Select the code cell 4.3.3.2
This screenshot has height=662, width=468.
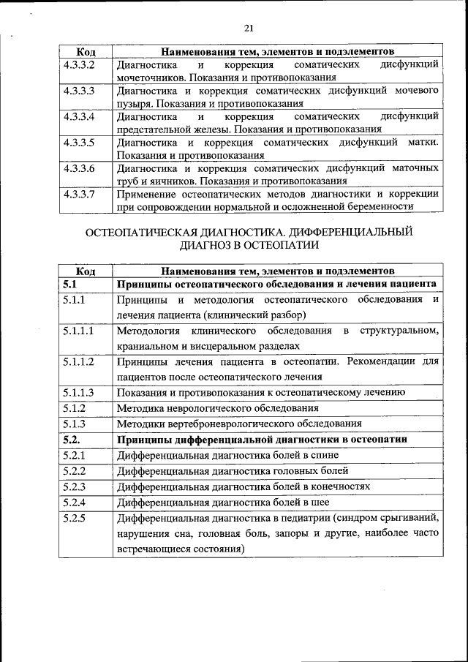tap(79, 65)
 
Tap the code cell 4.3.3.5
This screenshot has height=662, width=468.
tap(79, 142)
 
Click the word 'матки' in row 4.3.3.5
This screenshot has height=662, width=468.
tap(422, 142)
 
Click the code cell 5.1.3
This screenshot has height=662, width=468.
tap(75, 423)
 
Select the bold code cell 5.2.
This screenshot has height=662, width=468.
tap(72, 439)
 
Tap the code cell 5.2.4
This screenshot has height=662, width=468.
tap(75, 502)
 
